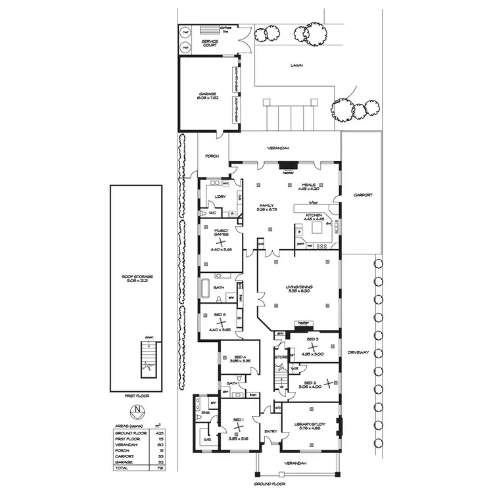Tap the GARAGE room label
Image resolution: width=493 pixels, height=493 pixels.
coord(208,94)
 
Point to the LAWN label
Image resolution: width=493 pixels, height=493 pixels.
coord(298,66)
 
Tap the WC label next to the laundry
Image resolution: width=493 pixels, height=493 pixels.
coord(212,213)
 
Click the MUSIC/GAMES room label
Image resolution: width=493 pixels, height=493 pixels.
coord(221,232)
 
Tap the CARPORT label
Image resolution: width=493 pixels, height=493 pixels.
coord(362,195)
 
